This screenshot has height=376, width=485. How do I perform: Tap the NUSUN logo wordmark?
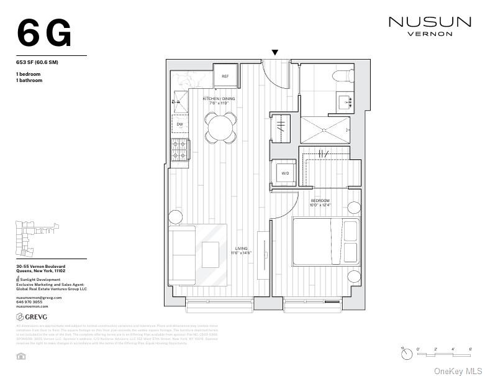429,22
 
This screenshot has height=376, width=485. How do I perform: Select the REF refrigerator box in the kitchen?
225,76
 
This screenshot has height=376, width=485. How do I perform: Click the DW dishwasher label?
179,124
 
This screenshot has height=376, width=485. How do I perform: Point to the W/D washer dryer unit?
285,173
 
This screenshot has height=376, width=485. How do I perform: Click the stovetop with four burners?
179,150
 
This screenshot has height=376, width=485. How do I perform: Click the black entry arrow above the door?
274,53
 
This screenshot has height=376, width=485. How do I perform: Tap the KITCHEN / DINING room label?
219,99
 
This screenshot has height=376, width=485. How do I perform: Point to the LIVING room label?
241,249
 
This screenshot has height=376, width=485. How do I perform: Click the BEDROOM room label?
320,201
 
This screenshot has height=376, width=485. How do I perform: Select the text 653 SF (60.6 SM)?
37,62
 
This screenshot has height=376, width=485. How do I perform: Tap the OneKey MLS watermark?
457,370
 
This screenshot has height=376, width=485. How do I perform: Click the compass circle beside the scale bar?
406,354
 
